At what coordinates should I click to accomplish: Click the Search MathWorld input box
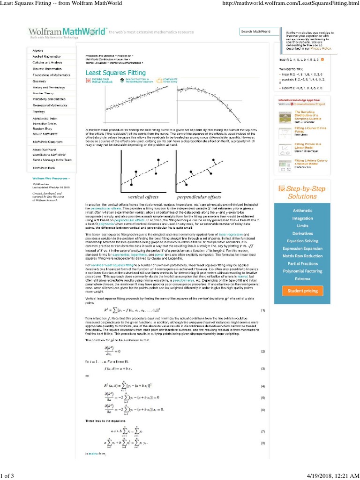point(259,31)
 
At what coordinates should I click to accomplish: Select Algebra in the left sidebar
point(38,50)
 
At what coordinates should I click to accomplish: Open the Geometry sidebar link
point(39,81)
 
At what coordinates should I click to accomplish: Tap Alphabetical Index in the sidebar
point(45,119)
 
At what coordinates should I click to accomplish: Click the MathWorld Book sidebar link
point(44,167)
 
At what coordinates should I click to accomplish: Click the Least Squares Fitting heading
point(115,73)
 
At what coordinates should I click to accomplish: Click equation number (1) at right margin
point(263,310)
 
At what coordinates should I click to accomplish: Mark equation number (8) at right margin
point(263,442)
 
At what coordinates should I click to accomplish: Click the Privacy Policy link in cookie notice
point(321,48)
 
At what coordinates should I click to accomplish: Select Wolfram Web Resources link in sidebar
point(51,179)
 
